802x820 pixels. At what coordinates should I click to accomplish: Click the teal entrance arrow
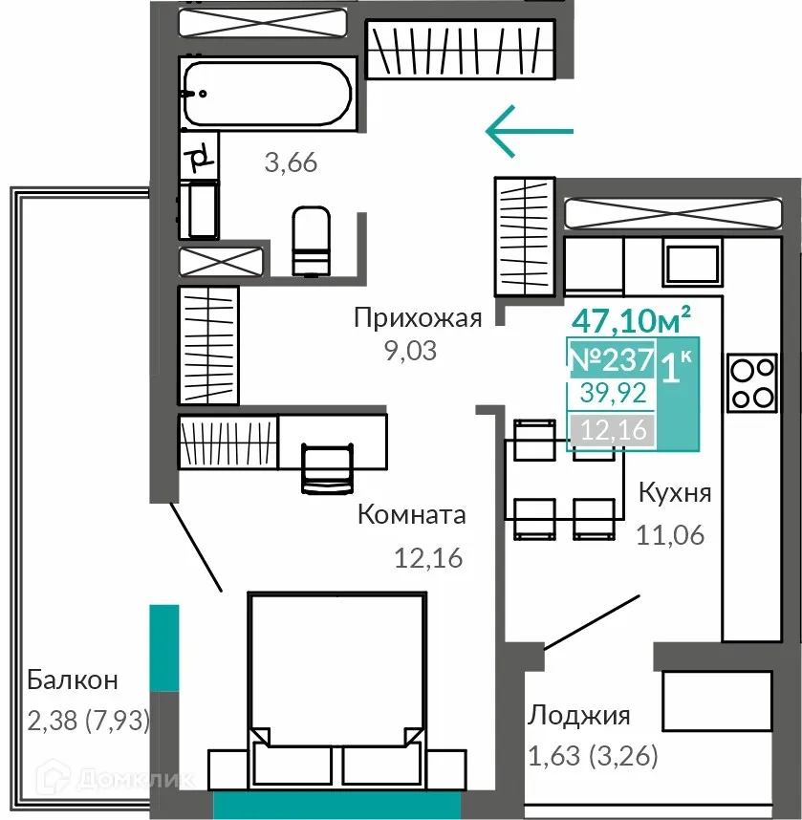[530, 131]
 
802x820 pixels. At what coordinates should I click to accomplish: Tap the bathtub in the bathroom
[268, 94]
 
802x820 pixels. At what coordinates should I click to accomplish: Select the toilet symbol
[312, 240]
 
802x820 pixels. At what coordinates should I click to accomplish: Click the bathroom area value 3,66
[291, 162]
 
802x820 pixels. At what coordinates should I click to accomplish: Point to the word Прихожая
[418, 318]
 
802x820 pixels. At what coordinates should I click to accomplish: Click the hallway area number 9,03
[411, 351]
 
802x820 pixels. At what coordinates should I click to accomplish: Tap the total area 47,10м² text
[632, 319]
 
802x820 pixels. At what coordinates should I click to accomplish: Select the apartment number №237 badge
[612, 359]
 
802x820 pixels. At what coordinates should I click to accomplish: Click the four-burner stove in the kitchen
[752, 383]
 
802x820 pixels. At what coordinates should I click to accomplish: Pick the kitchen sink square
[692, 263]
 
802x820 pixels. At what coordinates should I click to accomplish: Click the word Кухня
[675, 492]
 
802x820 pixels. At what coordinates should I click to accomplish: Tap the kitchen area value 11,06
[670, 535]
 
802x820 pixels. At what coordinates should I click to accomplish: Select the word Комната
[412, 514]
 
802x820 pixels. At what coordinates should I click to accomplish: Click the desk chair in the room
[328, 467]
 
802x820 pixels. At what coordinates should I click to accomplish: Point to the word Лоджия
[578, 716]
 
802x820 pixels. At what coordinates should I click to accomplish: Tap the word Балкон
[73, 680]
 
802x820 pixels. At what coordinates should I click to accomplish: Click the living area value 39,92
[613, 393]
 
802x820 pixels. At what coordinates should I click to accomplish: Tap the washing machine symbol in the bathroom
[199, 209]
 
